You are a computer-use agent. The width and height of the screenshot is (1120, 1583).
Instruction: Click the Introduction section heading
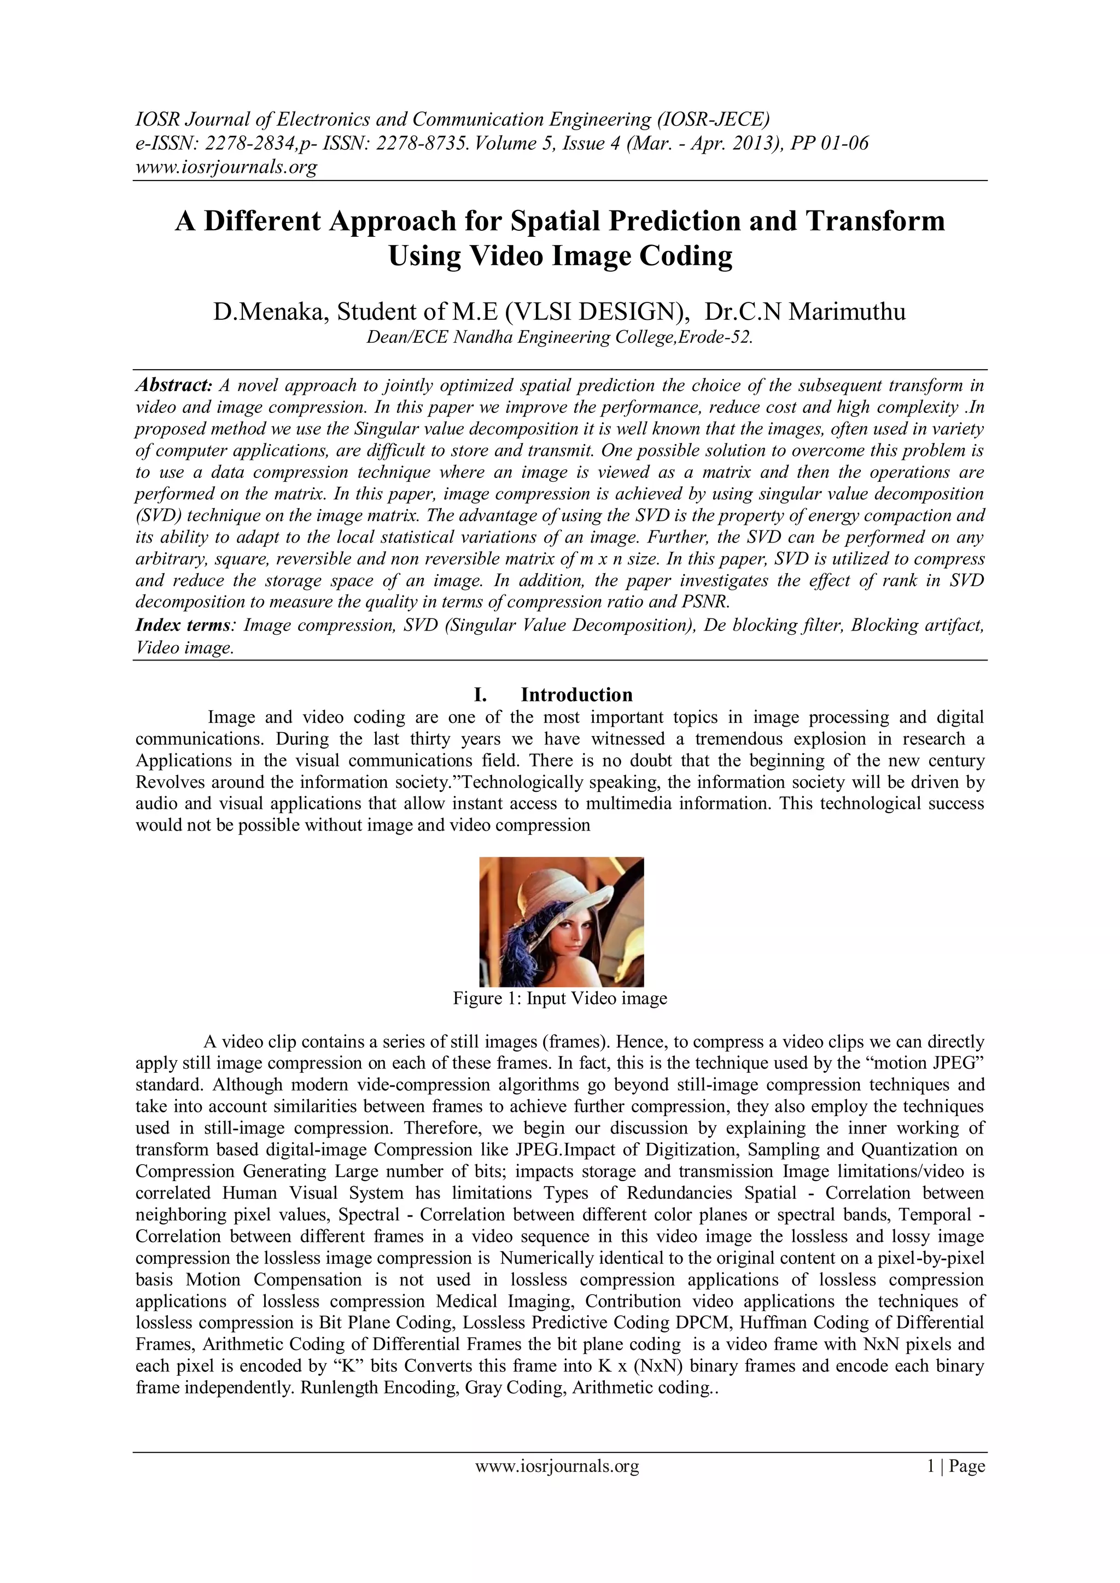pos(576,694)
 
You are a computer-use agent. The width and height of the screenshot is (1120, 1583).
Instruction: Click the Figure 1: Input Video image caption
pos(560,998)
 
